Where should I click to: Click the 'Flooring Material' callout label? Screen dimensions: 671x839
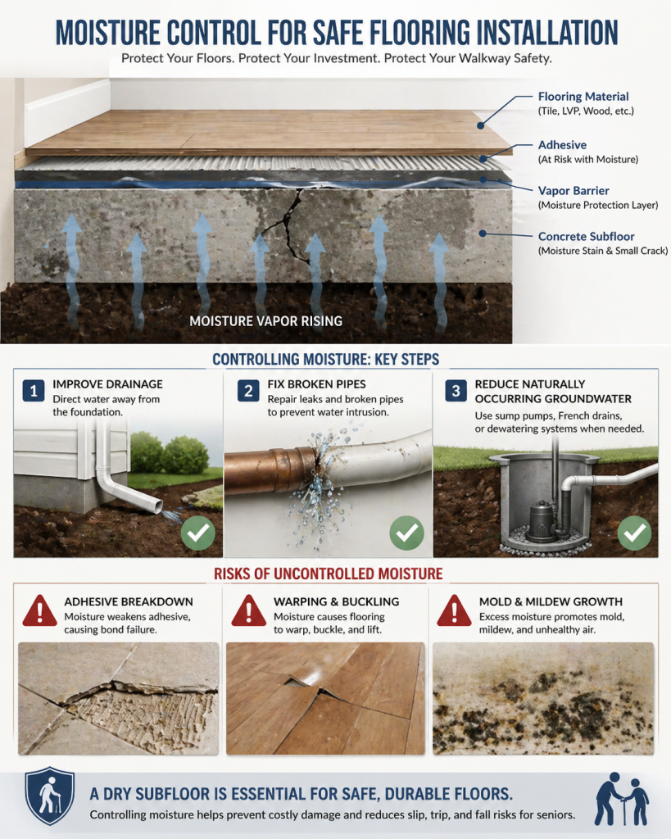click(583, 97)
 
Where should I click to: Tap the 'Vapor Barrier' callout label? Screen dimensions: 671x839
click(574, 191)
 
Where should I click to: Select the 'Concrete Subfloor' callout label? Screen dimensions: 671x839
click(586, 237)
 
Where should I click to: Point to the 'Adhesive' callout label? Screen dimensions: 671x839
click(562, 145)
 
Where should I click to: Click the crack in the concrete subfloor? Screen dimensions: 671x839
click(292, 224)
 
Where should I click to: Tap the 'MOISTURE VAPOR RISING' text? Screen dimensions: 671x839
click(266, 321)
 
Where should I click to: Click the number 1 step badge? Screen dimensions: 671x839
click(33, 391)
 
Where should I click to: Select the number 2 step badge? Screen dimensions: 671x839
click(248, 391)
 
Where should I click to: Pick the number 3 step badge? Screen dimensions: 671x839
click(456, 391)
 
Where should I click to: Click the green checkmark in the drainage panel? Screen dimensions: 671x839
click(198, 533)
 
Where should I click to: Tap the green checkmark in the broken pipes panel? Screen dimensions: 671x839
click(406, 533)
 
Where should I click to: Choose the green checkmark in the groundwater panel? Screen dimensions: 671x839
click(635, 533)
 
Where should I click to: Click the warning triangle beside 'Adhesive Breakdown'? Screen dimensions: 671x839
click(39, 611)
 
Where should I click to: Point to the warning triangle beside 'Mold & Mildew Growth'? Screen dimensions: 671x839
click(454, 611)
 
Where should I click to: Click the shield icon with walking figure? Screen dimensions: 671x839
click(50, 796)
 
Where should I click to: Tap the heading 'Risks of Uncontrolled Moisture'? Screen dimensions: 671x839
click(328, 574)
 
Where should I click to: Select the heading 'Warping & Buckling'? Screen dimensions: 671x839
click(337, 601)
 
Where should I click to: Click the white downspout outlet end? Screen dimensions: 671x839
click(156, 505)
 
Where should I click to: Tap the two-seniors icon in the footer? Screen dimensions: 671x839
click(622, 799)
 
